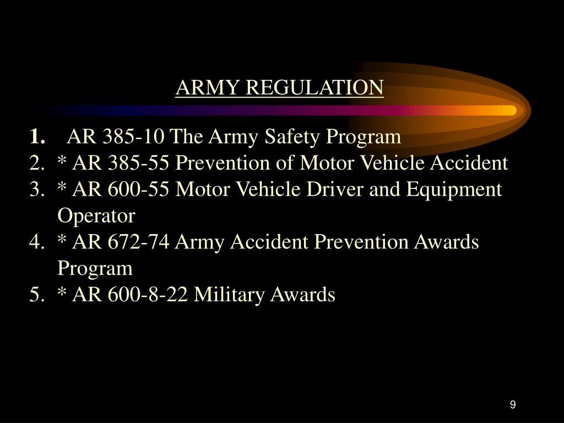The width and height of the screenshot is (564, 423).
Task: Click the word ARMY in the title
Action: [208, 88]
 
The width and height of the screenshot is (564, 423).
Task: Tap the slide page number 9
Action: [513, 405]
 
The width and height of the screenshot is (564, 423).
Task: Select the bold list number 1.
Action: [37, 137]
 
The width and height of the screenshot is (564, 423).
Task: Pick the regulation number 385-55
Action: [138, 162]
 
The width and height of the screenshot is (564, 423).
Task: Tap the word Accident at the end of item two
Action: [469, 162]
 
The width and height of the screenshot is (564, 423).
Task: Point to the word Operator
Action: [96, 216]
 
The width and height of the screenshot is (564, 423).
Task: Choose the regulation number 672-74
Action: [138, 241]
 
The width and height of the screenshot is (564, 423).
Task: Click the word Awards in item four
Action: [446, 241]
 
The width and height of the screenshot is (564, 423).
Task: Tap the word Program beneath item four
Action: [95, 269]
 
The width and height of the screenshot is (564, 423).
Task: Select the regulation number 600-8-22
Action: [148, 294]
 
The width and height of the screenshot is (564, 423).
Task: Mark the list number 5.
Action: [37, 294]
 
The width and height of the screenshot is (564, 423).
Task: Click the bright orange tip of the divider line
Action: [511, 110]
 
